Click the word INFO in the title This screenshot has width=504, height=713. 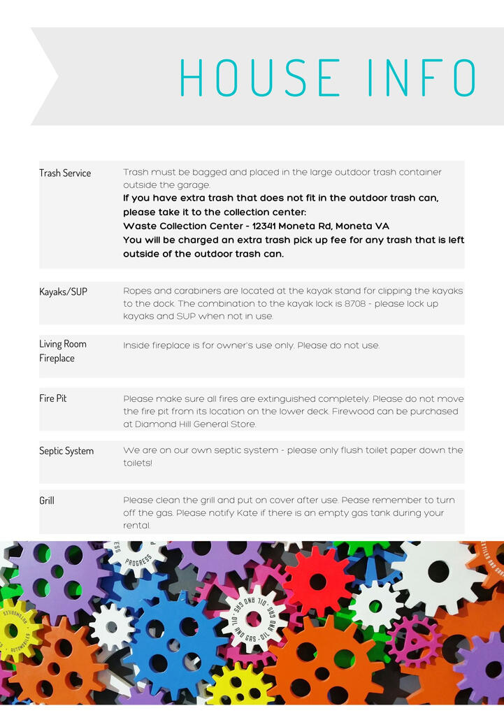tap(422, 77)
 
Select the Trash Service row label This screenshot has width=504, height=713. tap(65, 173)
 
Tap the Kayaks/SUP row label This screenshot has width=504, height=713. tap(63, 291)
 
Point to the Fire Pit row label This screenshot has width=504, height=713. tap(53, 398)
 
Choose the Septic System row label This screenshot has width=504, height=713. tap(66, 451)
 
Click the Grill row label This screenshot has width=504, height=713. tap(47, 500)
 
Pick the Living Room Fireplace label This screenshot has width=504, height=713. tap(62, 351)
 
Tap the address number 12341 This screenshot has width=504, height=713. tap(268, 226)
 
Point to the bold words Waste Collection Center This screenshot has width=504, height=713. tap(185, 226)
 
